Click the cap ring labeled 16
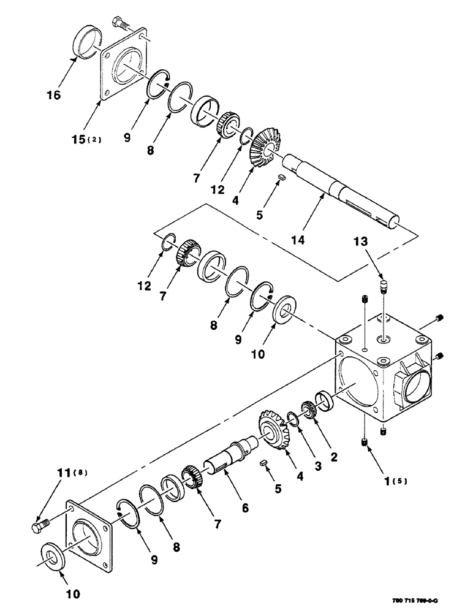coord(86,42)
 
